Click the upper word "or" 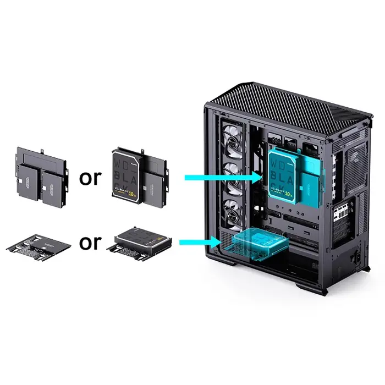point(90,178)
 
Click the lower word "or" point(90,243)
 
